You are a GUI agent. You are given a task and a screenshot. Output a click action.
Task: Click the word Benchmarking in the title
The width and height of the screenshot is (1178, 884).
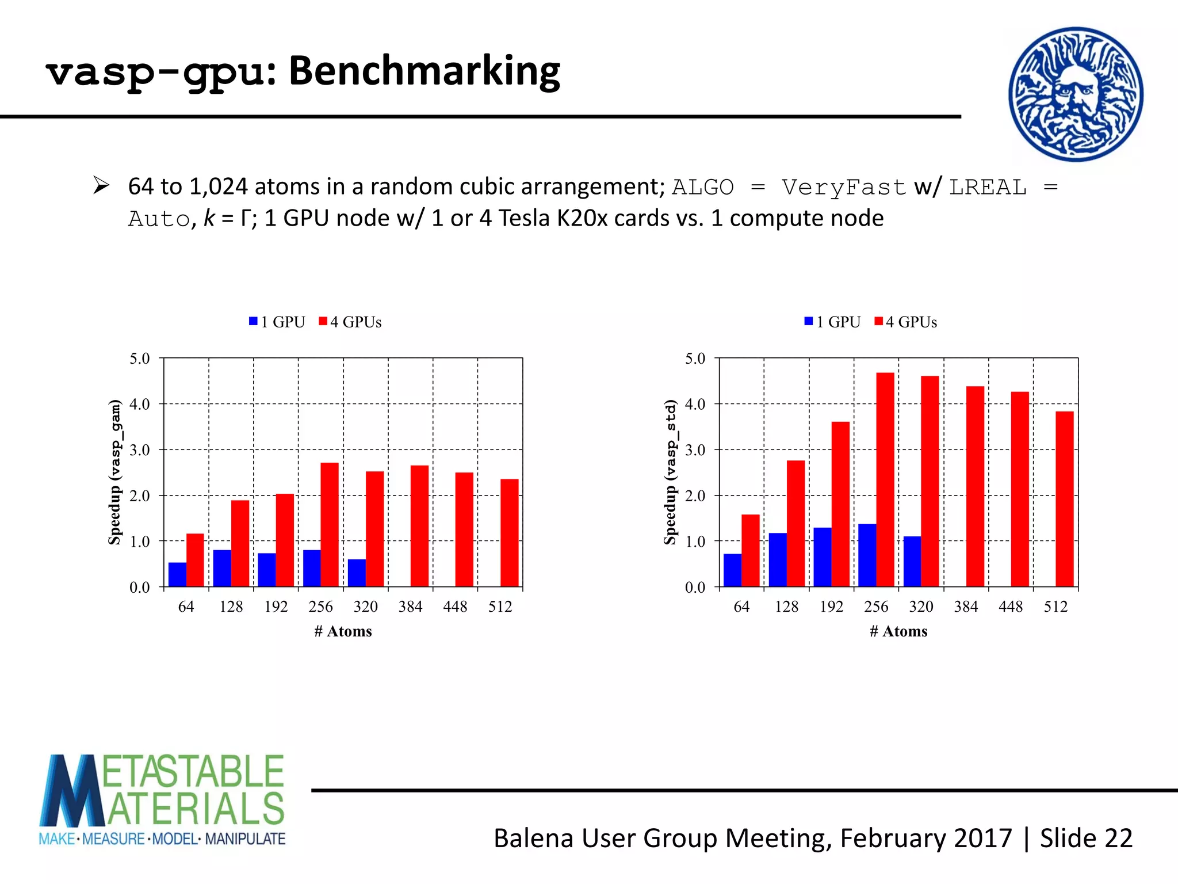tap(424, 71)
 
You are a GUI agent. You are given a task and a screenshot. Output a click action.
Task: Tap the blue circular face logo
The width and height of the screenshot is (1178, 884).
tap(1076, 94)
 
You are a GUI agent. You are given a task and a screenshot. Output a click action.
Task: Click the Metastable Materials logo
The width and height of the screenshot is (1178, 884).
tap(162, 799)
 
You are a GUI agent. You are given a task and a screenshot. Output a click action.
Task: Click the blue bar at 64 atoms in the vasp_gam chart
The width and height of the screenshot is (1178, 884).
tap(177, 574)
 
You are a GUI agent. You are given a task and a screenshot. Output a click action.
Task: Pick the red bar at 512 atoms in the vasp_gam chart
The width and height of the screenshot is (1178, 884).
tap(509, 532)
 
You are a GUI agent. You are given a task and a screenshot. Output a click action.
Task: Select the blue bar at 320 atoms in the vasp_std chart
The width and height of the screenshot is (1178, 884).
tap(912, 561)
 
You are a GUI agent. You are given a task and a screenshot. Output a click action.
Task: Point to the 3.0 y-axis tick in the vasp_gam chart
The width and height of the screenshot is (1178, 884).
tap(139, 450)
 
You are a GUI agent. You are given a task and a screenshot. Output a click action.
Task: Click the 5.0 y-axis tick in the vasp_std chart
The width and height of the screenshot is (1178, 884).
tap(695, 359)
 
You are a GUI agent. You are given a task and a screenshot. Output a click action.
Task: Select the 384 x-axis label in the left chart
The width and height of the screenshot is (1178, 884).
tap(410, 607)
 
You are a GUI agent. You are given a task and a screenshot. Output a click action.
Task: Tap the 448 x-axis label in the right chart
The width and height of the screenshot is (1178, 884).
tap(1011, 607)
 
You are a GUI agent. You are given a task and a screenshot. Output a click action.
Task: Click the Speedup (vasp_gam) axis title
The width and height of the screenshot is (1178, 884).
tap(115, 472)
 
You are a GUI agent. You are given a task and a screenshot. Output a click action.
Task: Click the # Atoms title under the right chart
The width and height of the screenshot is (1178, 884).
tap(898, 631)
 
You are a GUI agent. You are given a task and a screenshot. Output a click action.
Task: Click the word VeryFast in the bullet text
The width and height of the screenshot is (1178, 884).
tap(843, 187)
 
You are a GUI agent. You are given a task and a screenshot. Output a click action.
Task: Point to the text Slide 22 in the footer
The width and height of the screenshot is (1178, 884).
tap(1086, 838)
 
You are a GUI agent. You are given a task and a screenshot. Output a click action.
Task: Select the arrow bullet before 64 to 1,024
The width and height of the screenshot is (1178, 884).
tap(101, 186)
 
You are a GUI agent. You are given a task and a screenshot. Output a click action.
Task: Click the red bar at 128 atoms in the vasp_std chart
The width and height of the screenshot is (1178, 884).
tap(795, 523)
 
